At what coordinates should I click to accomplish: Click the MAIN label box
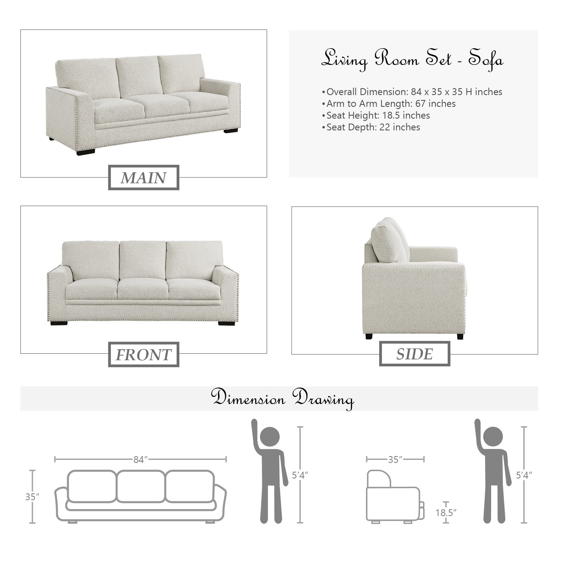(x=144, y=178)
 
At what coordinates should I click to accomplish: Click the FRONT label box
(x=144, y=354)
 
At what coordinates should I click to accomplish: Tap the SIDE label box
(x=415, y=354)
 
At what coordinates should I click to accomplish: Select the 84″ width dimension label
(x=141, y=460)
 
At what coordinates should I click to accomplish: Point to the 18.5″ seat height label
(x=446, y=513)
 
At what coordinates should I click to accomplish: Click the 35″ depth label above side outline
(x=395, y=460)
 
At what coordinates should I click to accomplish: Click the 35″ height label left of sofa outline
(x=32, y=497)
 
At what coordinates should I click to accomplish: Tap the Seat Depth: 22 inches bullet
(x=371, y=127)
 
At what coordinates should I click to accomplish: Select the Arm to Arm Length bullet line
(x=389, y=104)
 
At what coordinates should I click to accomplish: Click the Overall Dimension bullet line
(x=412, y=92)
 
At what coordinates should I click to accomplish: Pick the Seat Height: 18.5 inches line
(x=376, y=115)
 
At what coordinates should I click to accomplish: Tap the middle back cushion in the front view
(x=142, y=260)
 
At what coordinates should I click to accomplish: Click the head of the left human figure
(x=270, y=436)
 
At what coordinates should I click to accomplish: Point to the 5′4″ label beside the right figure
(x=524, y=475)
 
